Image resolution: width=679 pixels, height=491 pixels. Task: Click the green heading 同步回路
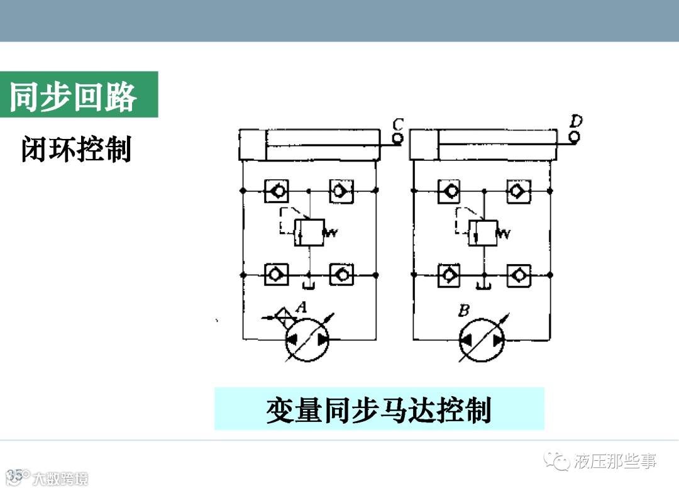pos(74,96)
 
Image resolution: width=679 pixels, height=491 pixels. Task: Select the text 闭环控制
pos(76,150)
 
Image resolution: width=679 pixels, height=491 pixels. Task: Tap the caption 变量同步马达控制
pos(378,410)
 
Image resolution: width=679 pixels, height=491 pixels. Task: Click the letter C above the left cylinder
pos(397,123)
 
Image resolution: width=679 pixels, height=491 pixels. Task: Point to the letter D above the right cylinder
pos(575,120)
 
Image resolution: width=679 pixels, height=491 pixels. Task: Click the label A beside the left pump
pos(302,308)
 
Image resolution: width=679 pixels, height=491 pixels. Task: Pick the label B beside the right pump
pos(465,310)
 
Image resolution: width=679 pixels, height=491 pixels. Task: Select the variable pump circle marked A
pos(307,339)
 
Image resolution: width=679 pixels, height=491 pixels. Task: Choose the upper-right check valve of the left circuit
pos(341,189)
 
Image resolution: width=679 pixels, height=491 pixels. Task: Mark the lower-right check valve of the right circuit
pos(517,275)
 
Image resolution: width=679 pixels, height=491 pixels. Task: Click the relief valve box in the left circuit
pos(309,232)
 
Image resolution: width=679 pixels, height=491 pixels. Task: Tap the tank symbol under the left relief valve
pos(309,287)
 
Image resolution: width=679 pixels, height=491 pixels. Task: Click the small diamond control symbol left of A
pos(286,316)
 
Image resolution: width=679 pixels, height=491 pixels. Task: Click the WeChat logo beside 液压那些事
pos(557,462)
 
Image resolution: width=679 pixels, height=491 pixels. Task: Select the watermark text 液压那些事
pos(616,462)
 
